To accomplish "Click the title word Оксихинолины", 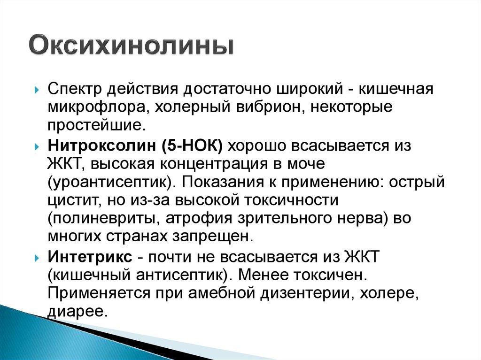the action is (x=132, y=45).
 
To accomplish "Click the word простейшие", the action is (x=96, y=125).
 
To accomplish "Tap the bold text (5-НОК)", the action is (x=192, y=146).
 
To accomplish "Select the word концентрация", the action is (x=214, y=164).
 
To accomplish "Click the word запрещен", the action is (x=213, y=237).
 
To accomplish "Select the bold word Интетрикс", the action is (x=90, y=256).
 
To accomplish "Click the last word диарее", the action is (x=78, y=312).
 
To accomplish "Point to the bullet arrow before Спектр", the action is (x=37, y=91).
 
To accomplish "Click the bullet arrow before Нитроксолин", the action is (x=37, y=147).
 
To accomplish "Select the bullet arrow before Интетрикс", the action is (x=37, y=258).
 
